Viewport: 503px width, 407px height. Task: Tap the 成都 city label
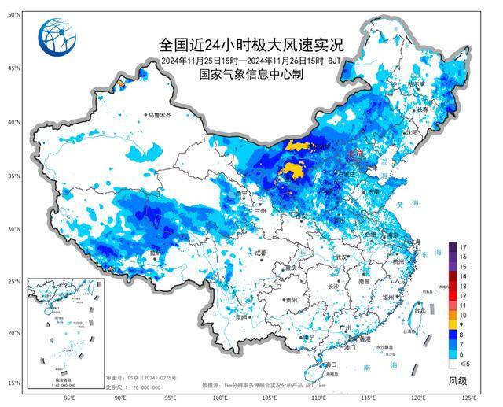point(261,253)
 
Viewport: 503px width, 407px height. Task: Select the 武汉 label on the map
point(340,257)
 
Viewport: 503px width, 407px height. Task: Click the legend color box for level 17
point(453,246)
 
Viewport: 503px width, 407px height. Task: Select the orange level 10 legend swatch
point(453,315)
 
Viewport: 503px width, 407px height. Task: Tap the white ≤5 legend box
point(453,364)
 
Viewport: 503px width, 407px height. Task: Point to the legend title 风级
point(459,380)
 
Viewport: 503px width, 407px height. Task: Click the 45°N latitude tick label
point(13,68)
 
